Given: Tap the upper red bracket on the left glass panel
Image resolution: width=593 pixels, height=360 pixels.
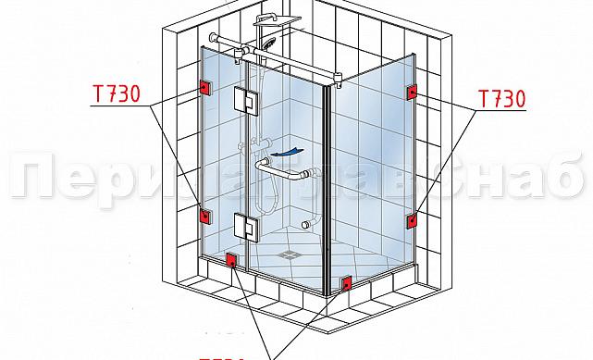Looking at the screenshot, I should (204, 88).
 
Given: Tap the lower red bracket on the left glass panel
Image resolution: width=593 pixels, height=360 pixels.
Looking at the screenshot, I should (204, 217).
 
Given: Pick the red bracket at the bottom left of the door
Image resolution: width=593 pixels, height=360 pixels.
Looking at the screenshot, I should (231, 262).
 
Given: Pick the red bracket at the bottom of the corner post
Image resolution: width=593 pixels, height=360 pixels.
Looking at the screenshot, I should (348, 282).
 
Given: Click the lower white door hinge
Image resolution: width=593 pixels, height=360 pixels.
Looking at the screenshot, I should (246, 226).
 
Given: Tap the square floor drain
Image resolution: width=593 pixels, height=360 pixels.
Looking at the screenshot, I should (291, 249).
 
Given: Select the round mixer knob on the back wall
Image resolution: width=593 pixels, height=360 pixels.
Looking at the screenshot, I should (306, 225).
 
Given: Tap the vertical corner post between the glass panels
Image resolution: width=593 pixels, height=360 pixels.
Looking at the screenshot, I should (325, 185).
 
